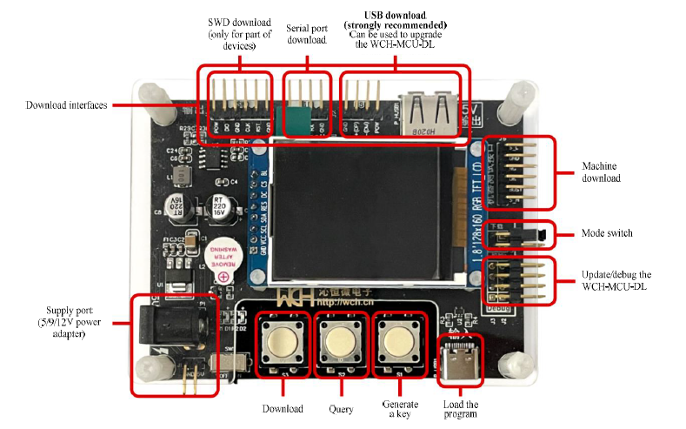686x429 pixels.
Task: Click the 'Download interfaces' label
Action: pyautogui.click(x=66, y=105)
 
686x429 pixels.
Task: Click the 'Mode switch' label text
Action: pyautogui.click(x=608, y=233)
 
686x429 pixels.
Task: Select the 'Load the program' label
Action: pyautogui.click(x=460, y=410)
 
